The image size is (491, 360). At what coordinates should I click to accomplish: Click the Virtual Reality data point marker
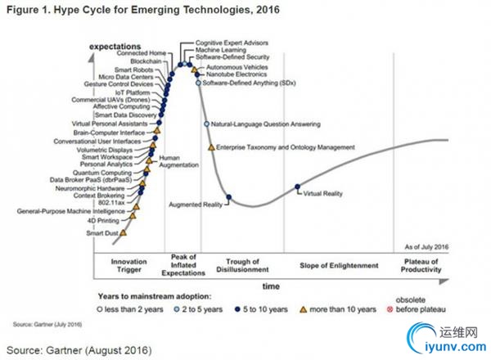(x=297, y=189)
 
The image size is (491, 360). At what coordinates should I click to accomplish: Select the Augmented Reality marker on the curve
(x=228, y=196)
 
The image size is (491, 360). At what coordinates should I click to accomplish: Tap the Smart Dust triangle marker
(x=124, y=232)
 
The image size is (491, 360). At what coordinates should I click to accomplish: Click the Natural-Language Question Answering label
(x=265, y=124)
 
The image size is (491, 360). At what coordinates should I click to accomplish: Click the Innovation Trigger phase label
(x=128, y=265)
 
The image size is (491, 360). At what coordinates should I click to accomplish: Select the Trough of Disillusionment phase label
(x=243, y=265)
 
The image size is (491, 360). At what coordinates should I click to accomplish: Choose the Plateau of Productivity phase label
(x=422, y=265)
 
